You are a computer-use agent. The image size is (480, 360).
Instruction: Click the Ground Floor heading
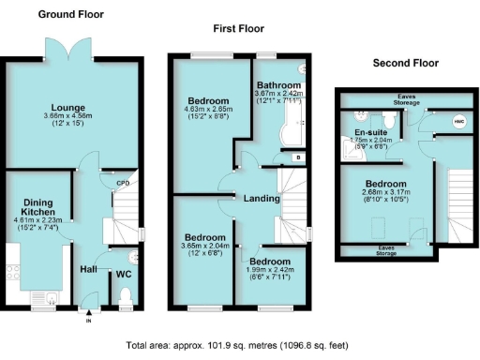[x=70, y=14]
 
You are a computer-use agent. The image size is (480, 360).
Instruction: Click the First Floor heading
[x=239, y=29]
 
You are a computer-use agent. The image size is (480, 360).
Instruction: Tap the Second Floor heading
[x=406, y=63]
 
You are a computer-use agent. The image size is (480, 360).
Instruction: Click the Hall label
[x=89, y=269]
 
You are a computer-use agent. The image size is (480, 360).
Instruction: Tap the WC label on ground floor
[x=123, y=275]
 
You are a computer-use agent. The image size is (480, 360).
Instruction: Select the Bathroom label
[x=278, y=84]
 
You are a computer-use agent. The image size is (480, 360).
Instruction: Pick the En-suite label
[x=367, y=132]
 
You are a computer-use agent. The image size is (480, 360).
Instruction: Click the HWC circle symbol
[x=459, y=121]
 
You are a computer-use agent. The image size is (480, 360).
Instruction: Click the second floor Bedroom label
[x=385, y=184]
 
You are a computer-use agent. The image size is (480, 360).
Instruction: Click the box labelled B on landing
[x=297, y=157]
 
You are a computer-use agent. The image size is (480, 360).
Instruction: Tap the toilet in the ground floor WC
[x=125, y=297]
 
